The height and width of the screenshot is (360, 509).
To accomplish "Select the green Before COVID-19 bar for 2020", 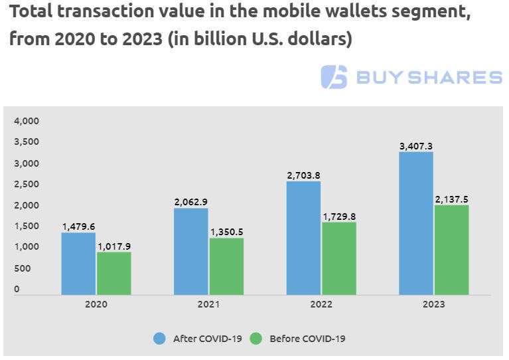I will pos(114,273).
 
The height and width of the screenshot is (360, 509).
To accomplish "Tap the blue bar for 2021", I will pos(191,251).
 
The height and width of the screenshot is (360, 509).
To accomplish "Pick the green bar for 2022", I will pos(338,258).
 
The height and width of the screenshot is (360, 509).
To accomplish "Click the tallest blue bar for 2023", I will pos(415,223).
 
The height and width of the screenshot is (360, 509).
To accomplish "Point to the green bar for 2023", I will pos(451,250).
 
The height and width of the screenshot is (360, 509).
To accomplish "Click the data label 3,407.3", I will pos(415,145).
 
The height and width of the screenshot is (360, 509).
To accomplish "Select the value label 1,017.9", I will pos(114,246).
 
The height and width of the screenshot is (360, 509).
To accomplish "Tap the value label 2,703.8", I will pos(303,175).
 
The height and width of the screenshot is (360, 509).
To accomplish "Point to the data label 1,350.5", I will pos(226,232).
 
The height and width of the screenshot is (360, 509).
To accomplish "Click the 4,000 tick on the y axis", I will pos(27,121).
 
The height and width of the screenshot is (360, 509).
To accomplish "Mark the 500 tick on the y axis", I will pos(22,268).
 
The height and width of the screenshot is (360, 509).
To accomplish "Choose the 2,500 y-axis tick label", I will pos(27,184).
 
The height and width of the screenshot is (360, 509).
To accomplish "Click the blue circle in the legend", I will pos(159,338).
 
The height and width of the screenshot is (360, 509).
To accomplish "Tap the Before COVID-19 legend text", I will pos(307,338).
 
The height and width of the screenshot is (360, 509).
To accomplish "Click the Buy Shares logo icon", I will pos(334,77).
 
